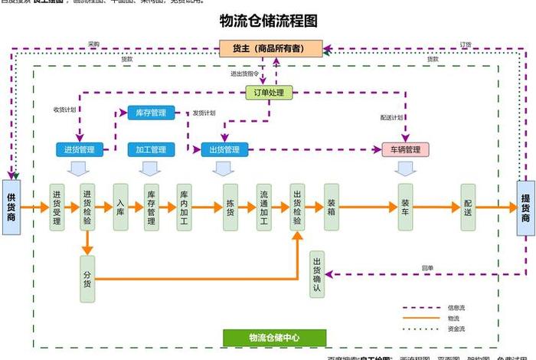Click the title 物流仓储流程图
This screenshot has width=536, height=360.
[x=268, y=21]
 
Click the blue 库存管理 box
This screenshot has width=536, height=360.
[x=151, y=113]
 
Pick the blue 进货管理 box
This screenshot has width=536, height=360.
[x=80, y=149]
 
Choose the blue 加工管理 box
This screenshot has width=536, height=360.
[x=151, y=149]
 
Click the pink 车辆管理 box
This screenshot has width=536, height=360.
[x=406, y=149]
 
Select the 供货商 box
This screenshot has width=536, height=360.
[x=11, y=207]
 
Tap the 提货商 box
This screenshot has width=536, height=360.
[x=525, y=207]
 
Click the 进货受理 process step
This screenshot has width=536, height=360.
[x=57, y=207]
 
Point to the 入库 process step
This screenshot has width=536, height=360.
[x=120, y=207]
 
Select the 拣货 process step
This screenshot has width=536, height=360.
[x=230, y=207]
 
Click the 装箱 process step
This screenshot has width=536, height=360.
[x=331, y=207]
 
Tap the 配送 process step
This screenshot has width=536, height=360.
[x=468, y=207]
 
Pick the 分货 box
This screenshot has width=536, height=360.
[x=87, y=275]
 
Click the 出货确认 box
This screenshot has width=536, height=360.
[x=317, y=274]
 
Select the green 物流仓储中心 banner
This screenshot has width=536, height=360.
[x=274, y=338]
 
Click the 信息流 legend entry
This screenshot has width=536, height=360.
[x=456, y=307]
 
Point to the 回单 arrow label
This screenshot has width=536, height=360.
[x=427, y=268]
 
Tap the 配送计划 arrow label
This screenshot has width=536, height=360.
[x=391, y=118]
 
